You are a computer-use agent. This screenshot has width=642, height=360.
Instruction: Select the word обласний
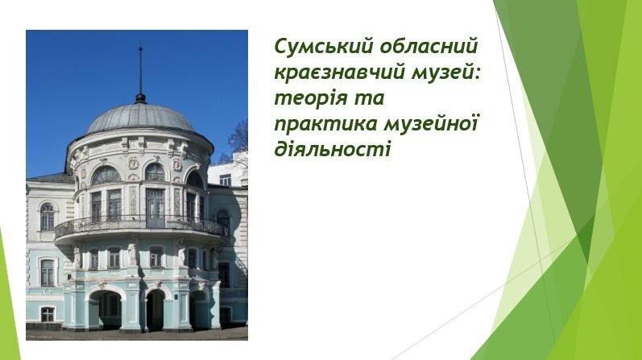tap(429, 46)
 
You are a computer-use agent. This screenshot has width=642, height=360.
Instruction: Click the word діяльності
tap(333, 149)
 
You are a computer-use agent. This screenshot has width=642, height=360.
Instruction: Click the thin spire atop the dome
tap(140, 70)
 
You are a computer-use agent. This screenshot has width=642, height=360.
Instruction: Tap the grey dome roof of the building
tap(139, 118)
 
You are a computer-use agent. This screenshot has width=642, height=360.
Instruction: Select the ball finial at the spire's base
tap(140, 98)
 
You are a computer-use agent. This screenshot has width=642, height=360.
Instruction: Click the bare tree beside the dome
tap(238, 139)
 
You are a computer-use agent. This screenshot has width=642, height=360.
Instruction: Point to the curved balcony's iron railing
tap(141, 226)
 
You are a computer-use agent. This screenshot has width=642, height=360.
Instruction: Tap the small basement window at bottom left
tap(48, 314)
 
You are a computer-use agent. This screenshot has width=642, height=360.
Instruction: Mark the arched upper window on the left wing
tap(48, 217)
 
